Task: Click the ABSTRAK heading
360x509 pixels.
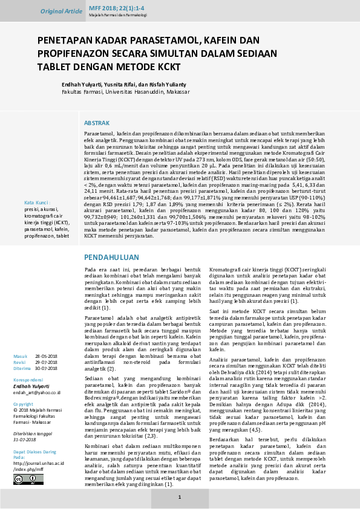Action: coord(96,122)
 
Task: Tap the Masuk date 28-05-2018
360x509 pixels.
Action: coord(46,355)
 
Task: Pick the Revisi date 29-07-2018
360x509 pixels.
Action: coord(46,361)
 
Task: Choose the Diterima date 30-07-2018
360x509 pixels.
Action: coord(46,368)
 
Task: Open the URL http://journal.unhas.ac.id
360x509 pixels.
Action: coord(38,463)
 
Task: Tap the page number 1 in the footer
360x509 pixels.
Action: coord(179,496)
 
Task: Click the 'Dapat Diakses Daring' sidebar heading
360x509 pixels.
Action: coord(34,451)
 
